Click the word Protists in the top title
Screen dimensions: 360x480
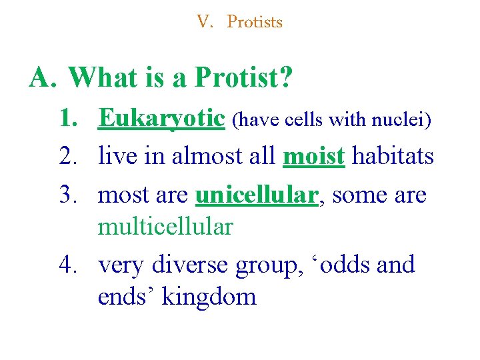(x=255, y=22)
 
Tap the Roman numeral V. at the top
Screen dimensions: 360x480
(x=205, y=22)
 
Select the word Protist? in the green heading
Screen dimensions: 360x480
(x=244, y=78)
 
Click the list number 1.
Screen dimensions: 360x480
(x=69, y=119)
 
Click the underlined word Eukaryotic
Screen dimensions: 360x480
(x=161, y=119)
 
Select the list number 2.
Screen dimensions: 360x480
(x=69, y=157)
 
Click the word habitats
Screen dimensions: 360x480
(x=393, y=157)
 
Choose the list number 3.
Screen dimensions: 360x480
(x=69, y=195)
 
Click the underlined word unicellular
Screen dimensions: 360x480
(x=255, y=195)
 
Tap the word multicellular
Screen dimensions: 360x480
(x=165, y=227)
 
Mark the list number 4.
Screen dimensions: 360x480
(x=69, y=265)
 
